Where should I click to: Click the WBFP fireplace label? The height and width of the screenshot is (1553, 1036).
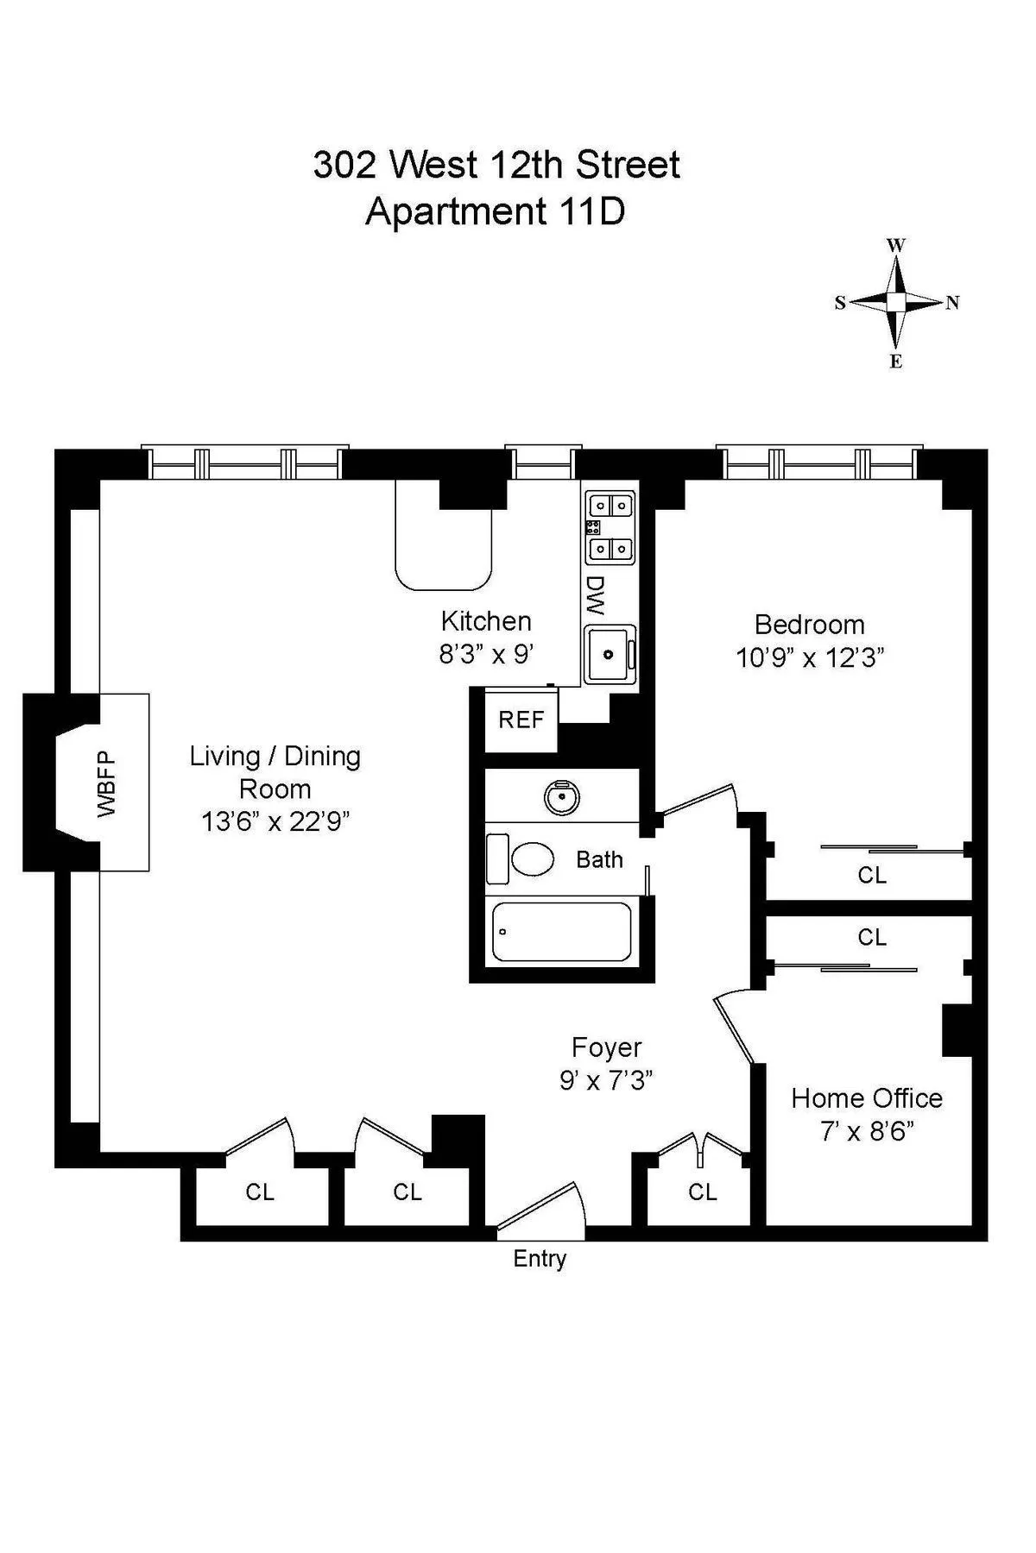106,783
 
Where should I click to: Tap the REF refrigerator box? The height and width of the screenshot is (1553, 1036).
521,720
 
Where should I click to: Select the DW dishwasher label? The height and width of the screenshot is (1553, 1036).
594,595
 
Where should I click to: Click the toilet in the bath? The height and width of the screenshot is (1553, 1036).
532,859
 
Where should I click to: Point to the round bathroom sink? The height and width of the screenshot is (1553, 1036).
562,799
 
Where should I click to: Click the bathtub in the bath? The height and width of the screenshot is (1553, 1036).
561,932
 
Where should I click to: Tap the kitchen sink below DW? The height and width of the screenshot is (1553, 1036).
610,654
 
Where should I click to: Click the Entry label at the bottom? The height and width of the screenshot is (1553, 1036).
540,1259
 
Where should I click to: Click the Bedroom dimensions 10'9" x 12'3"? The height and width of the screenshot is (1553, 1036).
810,658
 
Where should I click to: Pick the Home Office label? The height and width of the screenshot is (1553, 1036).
867,1098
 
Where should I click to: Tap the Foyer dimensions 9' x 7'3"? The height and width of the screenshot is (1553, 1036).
606,1080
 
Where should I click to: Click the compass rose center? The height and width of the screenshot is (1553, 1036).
896,302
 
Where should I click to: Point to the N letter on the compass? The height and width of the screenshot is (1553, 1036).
952,303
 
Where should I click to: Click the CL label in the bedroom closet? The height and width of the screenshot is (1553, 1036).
872,875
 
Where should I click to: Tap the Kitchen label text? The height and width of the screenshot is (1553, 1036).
486,621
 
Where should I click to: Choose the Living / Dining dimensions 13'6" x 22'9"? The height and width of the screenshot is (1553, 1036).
275,821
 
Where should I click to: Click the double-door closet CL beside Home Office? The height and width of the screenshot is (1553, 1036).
703,1191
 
